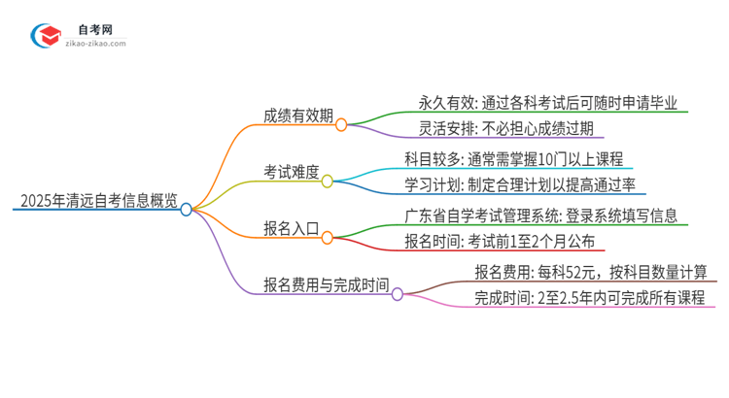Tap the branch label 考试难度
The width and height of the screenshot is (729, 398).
coord(291,171)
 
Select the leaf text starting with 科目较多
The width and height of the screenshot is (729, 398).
coord(513,159)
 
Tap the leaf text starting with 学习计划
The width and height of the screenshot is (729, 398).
coord(525,185)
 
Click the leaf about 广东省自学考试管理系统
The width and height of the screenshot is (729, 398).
coord(540,215)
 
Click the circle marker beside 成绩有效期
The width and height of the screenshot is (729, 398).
coord(341,124)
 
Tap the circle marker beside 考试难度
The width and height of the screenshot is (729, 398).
coord(328,181)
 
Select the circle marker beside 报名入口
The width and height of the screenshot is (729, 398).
coord(328,236)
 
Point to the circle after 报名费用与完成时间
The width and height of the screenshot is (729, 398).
coord(398,293)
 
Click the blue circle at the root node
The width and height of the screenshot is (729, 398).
coord(187,209)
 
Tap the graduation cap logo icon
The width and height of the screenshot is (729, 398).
coord(46,37)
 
